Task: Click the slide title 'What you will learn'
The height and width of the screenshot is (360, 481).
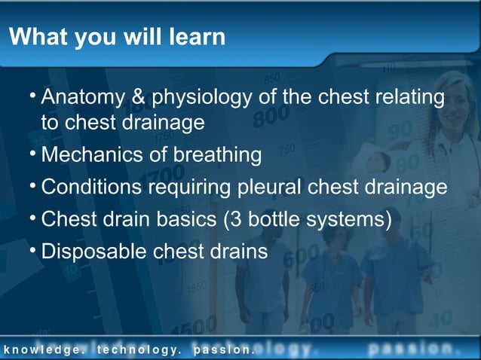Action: point(117,36)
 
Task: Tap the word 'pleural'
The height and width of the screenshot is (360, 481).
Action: point(274,188)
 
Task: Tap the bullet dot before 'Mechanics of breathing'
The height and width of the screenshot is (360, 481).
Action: point(33,154)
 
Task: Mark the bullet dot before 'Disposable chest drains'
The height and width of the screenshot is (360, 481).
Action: point(33,250)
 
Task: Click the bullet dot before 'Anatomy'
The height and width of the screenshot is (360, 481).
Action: point(33,96)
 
